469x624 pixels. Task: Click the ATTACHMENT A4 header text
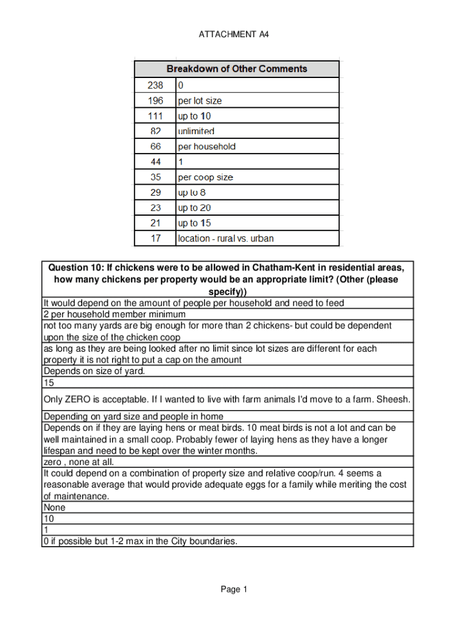(234, 35)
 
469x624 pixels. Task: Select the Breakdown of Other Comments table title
(237, 69)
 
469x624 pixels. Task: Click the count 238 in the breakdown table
(155, 85)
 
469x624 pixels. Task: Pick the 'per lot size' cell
(200, 101)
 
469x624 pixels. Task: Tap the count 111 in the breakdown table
(155, 116)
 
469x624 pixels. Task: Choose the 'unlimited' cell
(196, 131)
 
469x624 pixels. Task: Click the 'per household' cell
(206, 146)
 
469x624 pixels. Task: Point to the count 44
(155, 162)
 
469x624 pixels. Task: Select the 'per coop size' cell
(205, 177)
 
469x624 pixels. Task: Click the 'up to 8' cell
(192, 193)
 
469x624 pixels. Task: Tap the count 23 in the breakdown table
(155, 208)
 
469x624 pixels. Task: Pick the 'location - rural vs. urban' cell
(225, 238)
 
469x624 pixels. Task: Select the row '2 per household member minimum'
(114, 314)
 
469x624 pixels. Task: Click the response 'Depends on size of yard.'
(94, 371)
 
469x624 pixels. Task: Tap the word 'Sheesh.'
(393, 400)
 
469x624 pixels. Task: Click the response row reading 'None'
(54, 508)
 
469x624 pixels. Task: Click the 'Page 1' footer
(234, 589)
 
